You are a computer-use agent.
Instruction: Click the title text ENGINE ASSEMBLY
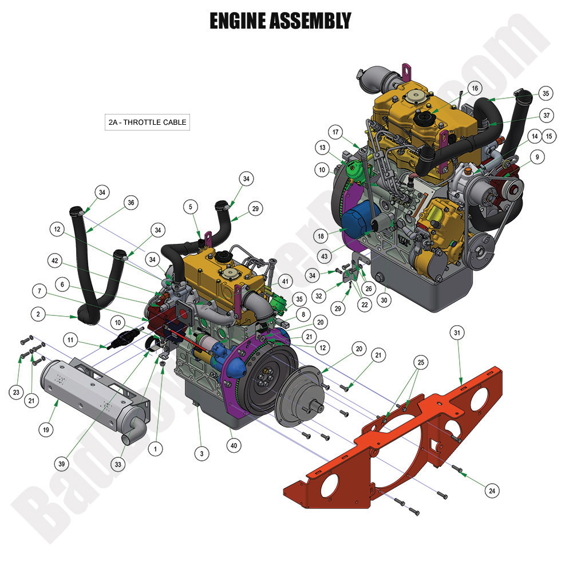point(280,21)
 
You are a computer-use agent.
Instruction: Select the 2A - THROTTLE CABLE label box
point(147,122)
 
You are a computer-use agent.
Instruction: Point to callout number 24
point(491,490)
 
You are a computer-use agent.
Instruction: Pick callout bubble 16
point(474,88)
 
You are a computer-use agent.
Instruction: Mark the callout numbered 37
point(546,116)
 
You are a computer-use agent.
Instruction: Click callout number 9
point(537,156)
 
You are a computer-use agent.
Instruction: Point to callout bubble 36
point(131,202)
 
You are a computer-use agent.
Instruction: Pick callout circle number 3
point(201,454)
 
